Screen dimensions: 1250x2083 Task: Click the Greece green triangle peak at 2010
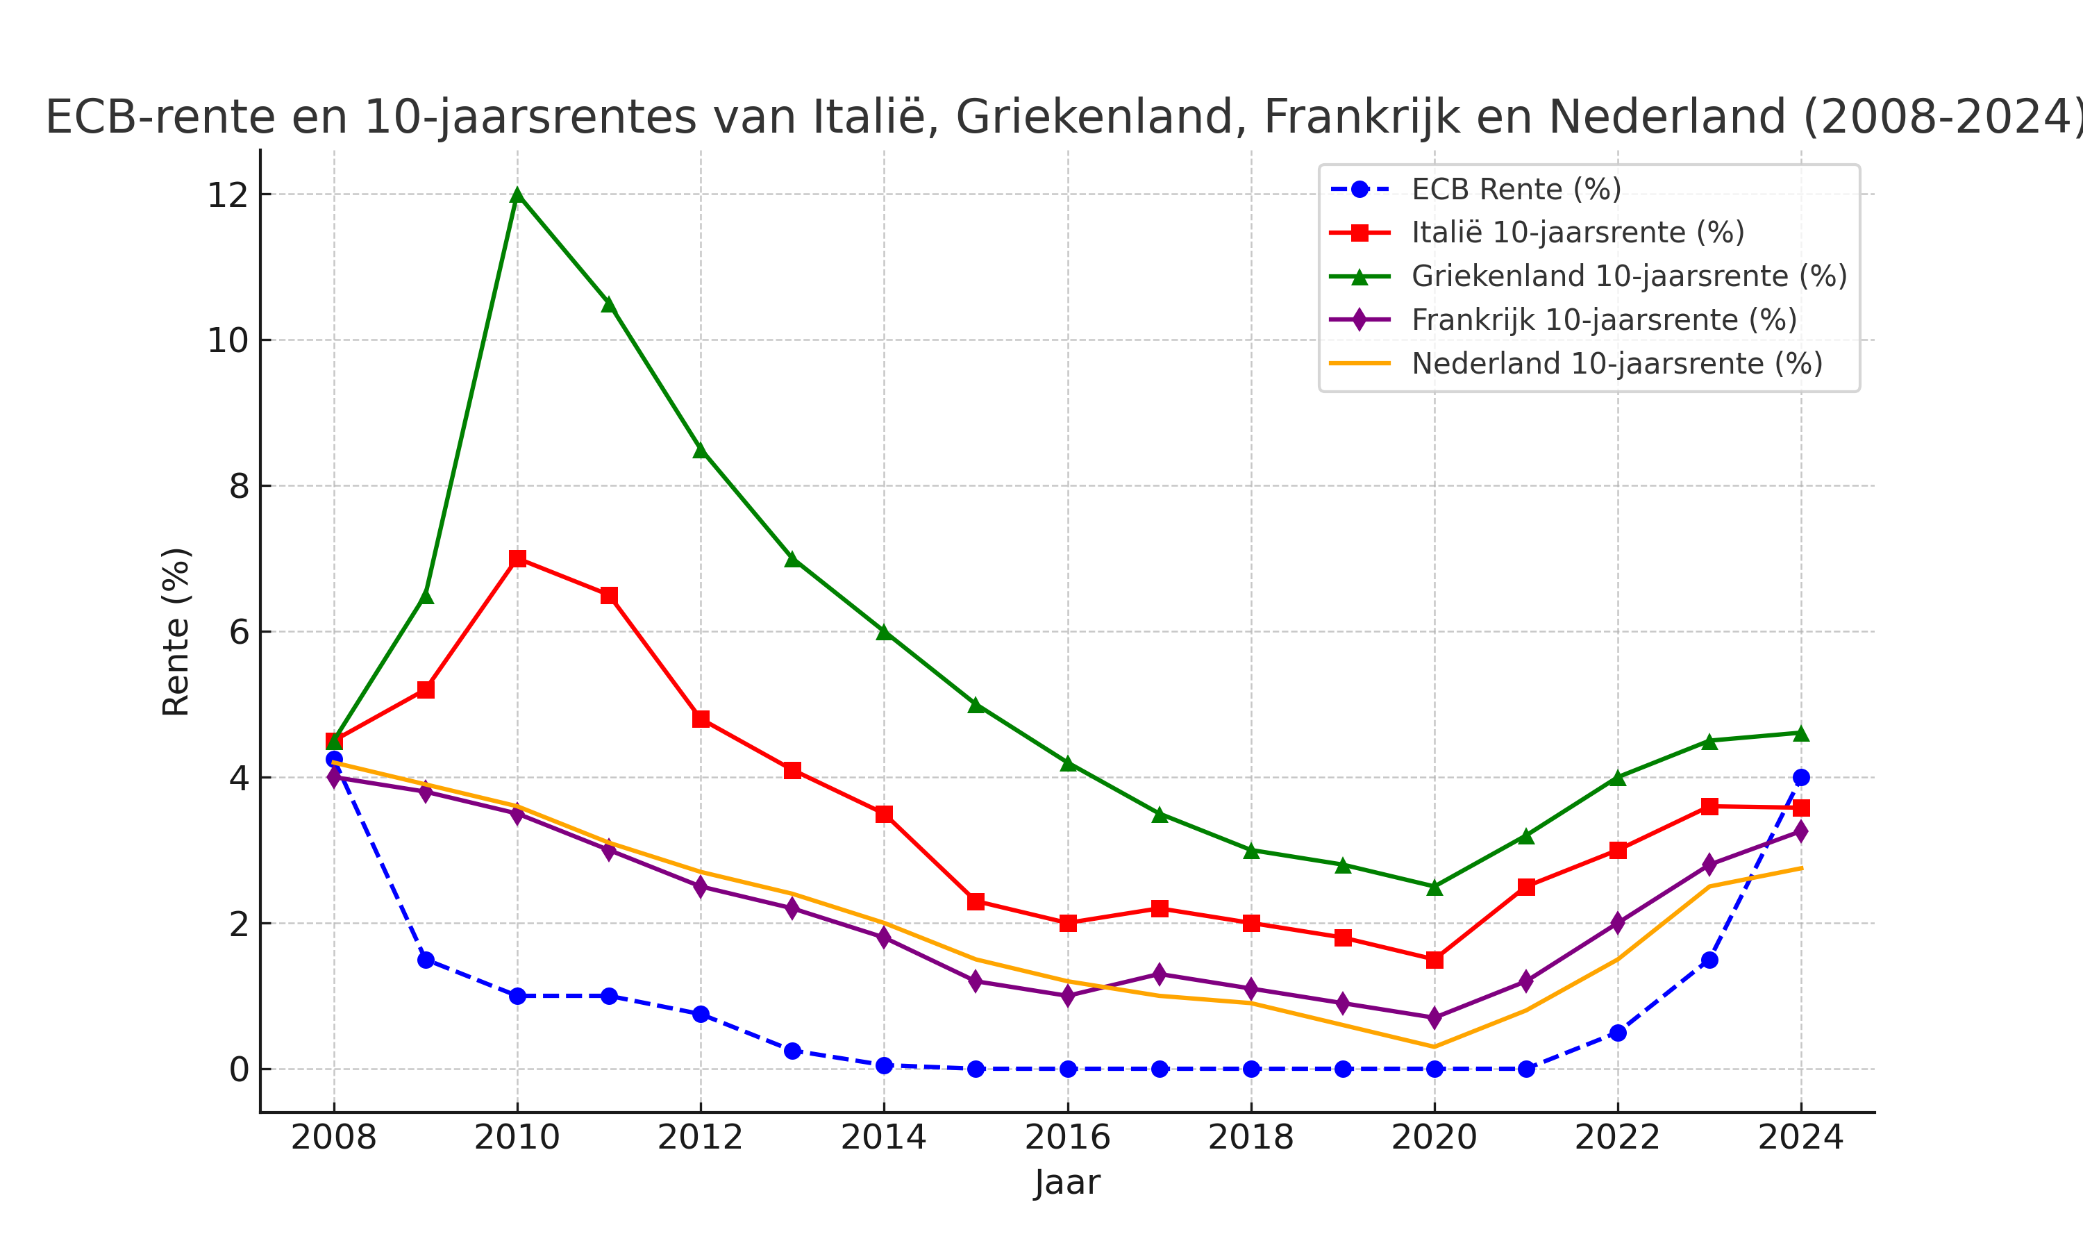tap(517, 195)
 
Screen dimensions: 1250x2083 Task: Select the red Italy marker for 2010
tap(517, 558)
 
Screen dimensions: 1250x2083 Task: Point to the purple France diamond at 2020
tap(1434, 1017)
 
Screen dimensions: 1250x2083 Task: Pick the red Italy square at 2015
tap(976, 901)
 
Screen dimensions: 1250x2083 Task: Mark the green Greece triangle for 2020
tap(1434, 887)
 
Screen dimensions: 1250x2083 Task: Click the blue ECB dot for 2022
tap(1617, 1033)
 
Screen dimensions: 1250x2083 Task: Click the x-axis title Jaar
tap(1066, 1183)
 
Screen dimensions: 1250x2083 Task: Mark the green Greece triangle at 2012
tap(701, 451)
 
